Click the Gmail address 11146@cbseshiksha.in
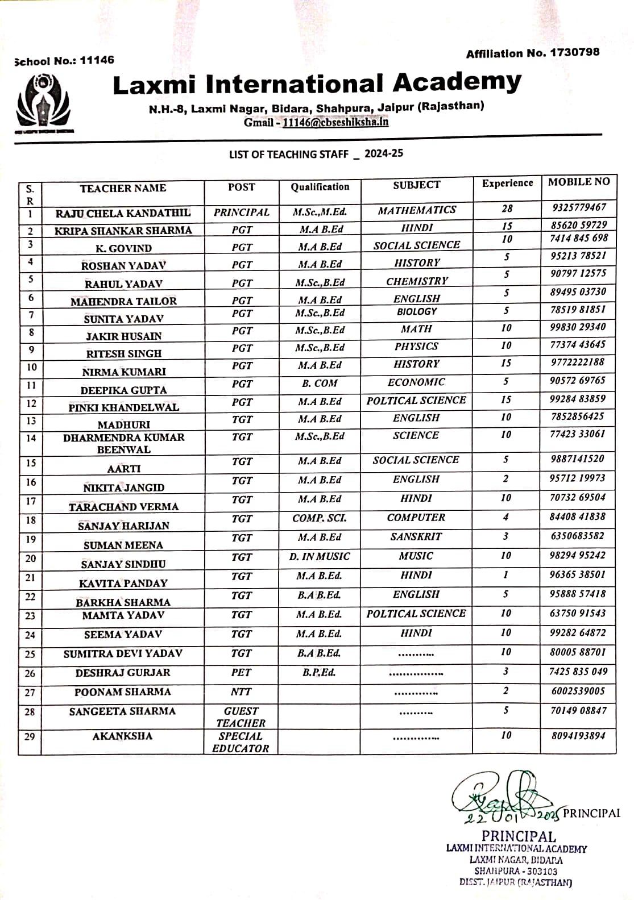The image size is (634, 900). click(335, 122)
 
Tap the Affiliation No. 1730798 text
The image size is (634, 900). click(532, 53)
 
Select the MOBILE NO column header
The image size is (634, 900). click(578, 182)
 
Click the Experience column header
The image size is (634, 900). click(507, 184)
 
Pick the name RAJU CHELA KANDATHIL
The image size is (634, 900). click(123, 214)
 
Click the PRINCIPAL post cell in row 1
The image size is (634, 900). click(242, 213)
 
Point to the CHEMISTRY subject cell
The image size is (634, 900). click(417, 281)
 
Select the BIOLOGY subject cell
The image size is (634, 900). click(417, 312)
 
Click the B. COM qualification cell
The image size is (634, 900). click(320, 384)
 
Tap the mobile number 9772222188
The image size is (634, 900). click(577, 363)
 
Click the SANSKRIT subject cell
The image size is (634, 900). click(416, 537)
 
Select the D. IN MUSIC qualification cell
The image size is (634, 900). click(320, 557)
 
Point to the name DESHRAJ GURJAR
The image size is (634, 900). click(123, 673)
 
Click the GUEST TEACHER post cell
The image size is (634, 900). click(241, 717)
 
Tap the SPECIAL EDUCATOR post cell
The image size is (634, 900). click(241, 742)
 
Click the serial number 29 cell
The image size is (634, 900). click(30, 738)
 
